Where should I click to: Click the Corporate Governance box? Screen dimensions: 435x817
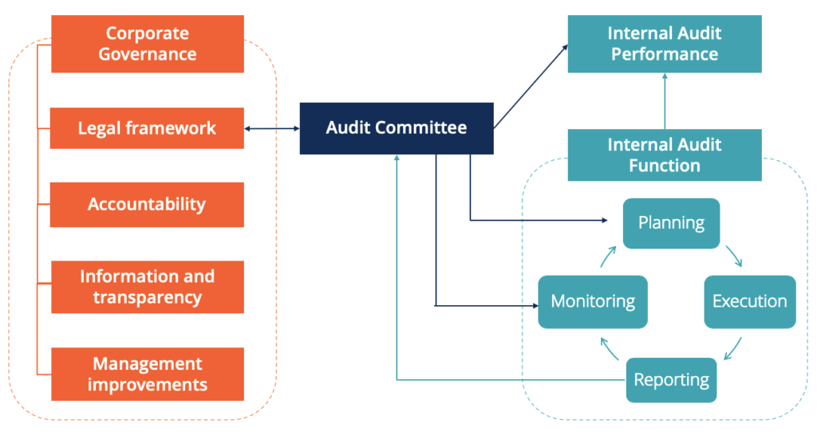[x=147, y=45]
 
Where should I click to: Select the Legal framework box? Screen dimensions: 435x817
[x=147, y=128]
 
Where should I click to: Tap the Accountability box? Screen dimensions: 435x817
[x=147, y=205]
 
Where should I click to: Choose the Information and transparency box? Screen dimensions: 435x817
[x=147, y=287]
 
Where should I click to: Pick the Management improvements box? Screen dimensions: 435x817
[x=147, y=374]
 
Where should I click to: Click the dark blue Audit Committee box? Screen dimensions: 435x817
[x=397, y=128]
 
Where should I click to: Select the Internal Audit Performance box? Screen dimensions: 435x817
[x=664, y=45]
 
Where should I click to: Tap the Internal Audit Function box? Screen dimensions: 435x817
[x=664, y=155]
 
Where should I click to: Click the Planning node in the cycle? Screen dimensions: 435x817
[x=671, y=223]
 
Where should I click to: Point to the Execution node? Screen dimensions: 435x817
[x=749, y=302]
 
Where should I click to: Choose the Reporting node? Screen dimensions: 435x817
[x=671, y=380]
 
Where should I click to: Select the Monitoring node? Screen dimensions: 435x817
[x=592, y=302]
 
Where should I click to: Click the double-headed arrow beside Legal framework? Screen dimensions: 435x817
[x=271, y=128]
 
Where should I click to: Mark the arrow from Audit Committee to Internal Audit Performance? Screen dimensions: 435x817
[x=531, y=87]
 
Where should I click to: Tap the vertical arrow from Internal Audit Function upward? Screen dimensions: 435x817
[x=664, y=100]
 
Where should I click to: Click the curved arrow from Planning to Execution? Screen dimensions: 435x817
[x=735, y=256]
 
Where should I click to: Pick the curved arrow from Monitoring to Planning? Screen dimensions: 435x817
[x=609, y=257]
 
